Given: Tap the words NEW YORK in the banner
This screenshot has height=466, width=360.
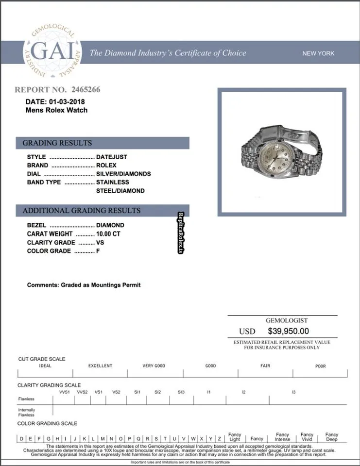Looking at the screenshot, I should [x=318, y=53].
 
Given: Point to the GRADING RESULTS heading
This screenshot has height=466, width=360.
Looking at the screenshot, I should [x=57, y=143].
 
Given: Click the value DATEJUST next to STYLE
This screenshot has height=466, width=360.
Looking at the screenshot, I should [x=112, y=157].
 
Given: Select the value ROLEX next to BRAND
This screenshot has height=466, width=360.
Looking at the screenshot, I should [x=106, y=166].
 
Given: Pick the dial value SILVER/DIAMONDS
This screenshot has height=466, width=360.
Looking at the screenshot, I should [x=123, y=174].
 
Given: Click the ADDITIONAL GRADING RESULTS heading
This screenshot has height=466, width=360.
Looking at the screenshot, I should [x=82, y=211].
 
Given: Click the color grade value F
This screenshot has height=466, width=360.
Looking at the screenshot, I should [x=98, y=251].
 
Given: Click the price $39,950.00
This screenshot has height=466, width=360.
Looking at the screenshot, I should [x=288, y=332].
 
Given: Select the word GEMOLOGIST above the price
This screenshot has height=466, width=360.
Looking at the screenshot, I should [x=287, y=321].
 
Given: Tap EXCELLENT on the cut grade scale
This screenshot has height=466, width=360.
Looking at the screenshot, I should [x=100, y=366].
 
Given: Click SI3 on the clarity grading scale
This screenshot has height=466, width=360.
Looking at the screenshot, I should [x=181, y=392].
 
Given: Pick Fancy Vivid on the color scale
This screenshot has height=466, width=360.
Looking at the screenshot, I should [x=307, y=437].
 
